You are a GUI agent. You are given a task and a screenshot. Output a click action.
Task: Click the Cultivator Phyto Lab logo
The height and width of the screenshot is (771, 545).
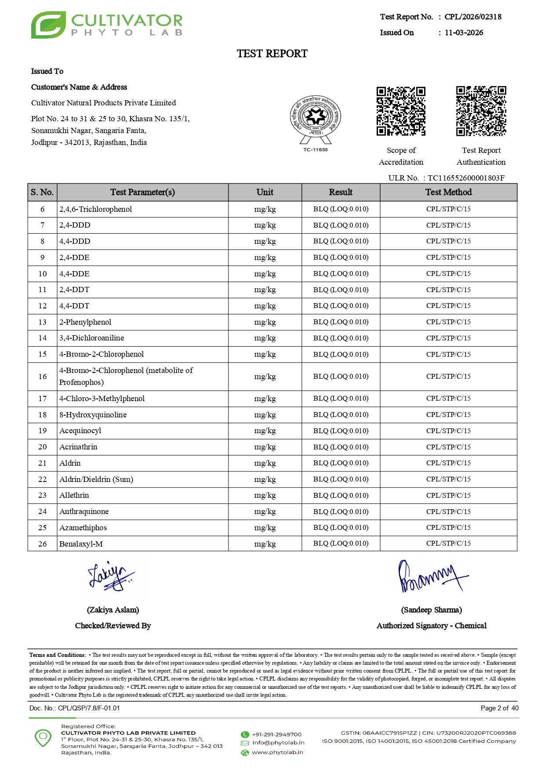(106, 25)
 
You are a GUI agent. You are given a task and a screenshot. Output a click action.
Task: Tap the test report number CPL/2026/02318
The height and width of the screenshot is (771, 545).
(472, 17)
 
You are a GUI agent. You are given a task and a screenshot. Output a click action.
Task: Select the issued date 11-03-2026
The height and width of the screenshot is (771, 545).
(464, 33)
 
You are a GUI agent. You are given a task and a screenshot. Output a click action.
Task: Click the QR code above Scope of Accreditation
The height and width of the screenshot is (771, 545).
(401, 111)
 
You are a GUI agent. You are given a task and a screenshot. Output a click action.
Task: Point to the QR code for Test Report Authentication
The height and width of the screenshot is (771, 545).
(481, 111)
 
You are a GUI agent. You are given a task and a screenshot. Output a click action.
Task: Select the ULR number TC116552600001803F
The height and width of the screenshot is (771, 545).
(466, 178)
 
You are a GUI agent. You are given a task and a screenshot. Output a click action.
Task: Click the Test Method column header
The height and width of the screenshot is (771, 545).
(448, 192)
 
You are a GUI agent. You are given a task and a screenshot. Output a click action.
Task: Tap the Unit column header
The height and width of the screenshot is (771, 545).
(265, 192)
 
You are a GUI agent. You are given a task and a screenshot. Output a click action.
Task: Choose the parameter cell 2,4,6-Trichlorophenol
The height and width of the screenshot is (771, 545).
(96, 209)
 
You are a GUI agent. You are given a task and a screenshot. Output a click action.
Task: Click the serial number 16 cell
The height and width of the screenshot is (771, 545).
(42, 376)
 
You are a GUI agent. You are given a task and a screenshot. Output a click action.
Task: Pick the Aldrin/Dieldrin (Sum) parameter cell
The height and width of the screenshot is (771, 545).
(96, 479)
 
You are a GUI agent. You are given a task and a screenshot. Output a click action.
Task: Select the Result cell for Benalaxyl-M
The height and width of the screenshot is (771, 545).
(341, 543)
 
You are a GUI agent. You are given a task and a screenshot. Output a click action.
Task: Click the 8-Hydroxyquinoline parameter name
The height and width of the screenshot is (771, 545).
(93, 415)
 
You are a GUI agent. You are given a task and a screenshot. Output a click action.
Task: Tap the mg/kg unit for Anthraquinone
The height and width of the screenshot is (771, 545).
(265, 511)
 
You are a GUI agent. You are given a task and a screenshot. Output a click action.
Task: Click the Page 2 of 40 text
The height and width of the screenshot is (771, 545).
(499, 708)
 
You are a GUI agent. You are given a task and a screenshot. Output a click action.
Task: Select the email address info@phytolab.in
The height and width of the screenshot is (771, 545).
(278, 742)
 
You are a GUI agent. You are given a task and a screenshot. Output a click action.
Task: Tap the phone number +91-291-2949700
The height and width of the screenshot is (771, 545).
(276, 734)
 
